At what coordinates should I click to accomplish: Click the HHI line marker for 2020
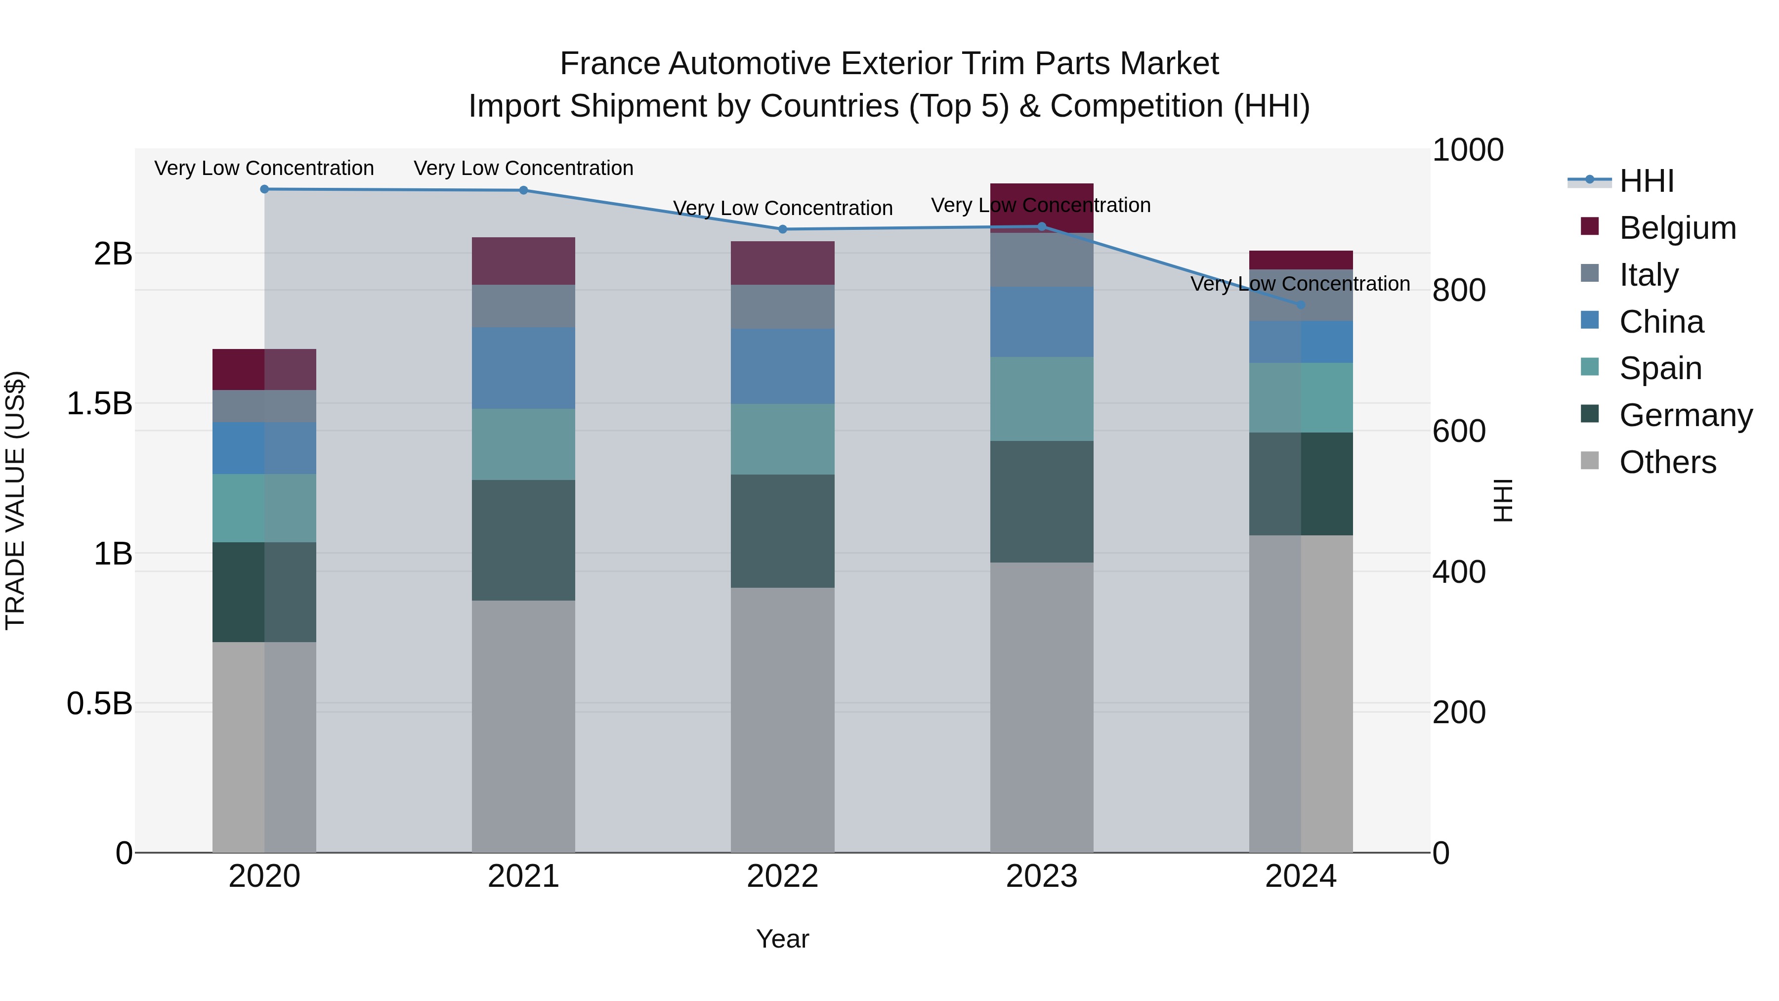[x=264, y=189]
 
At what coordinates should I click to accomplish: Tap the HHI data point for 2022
[x=782, y=229]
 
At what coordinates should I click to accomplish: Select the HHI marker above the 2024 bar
[x=1301, y=305]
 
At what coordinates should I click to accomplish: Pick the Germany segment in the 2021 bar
[x=523, y=540]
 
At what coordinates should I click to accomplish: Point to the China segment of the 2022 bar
[x=782, y=366]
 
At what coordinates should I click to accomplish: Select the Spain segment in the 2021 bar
[x=523, y=444]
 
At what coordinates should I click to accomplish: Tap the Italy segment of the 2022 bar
[x=782, y=306]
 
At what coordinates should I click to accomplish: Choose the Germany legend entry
[x=1686, y=415]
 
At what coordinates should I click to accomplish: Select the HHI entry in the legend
[x=1647, y=181]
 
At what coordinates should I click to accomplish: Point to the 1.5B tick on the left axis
[x=99, y=403]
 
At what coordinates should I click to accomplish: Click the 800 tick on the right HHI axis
[x=1459, y=290]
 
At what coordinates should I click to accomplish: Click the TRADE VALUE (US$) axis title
[x=15, y=500]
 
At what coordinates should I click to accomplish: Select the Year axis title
[x=782, y=939]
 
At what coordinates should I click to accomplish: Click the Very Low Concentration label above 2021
[x=523, y=168]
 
